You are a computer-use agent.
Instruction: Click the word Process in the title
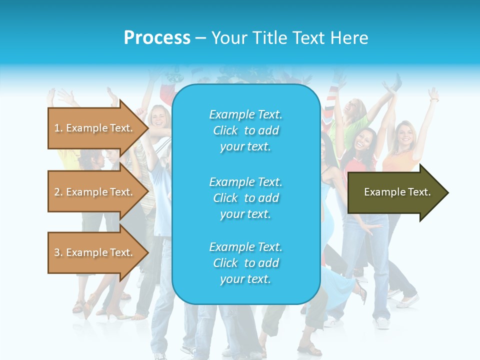click(157, 38)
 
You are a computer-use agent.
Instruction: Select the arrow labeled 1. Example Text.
click(95, 128)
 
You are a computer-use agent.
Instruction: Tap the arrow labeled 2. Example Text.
click(95, 192)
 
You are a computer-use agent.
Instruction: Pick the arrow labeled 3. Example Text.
click(95, 252)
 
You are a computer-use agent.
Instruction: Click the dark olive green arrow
click(395, 192)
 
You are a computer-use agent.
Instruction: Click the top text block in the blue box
click(245, 130)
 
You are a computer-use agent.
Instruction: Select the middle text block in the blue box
click(245, 198)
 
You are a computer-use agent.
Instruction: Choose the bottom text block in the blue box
click(245, 263)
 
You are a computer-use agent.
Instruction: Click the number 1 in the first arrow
click(57, 128)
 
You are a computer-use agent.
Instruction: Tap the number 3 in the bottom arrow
click(57, 252)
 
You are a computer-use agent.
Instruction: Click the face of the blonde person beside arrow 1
click(158, 118)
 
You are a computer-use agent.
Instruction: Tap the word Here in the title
click(350, 38)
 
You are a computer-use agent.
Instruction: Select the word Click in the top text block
click(225, 130)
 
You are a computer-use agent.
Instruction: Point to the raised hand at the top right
click(433, 94)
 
